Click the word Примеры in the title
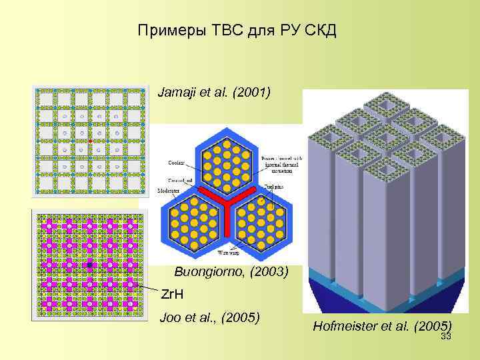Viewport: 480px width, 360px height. (x=167, y=31)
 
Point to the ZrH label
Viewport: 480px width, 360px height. (x=175, y=294)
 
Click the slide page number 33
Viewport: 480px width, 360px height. (x=446, y=337)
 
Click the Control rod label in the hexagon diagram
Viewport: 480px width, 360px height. (x=175, y=180)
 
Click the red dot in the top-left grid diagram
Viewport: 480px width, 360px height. (x=90, y=142)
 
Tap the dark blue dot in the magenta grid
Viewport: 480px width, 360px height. (x=89, y=265)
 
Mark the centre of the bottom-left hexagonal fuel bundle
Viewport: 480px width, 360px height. (x=193, y=219)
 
